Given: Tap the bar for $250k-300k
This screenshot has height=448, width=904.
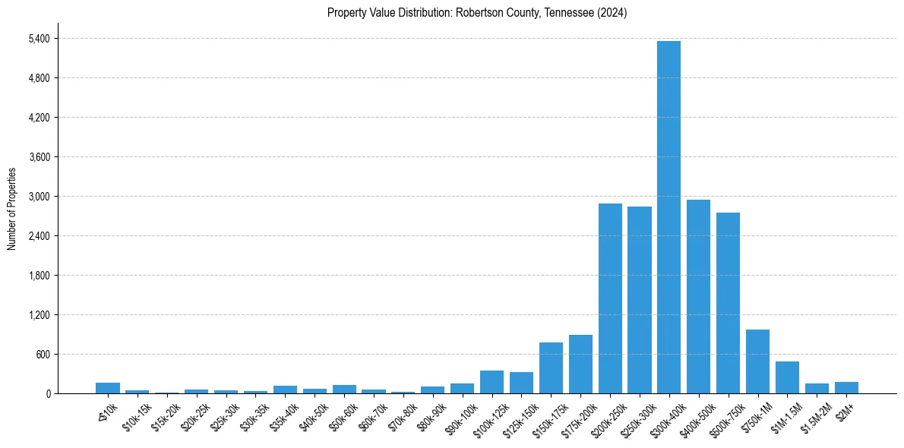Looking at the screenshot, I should click(640, 300).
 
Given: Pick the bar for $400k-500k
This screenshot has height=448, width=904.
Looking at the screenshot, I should click(698, 296).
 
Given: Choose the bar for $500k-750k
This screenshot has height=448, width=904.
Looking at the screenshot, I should click(728, 303).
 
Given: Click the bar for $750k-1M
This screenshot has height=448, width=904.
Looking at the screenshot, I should click(757, 361).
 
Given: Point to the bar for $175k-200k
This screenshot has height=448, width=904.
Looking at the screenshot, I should click(580, 364).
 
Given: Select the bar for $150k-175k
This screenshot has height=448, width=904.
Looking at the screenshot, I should click(551, 368).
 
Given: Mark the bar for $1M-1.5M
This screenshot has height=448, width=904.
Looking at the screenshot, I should click(787, 377).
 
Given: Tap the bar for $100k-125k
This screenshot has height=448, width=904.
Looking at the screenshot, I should click(492, 382).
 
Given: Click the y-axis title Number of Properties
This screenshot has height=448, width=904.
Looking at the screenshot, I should click(11, 209).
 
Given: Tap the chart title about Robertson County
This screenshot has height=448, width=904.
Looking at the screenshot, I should click(476, 13).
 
